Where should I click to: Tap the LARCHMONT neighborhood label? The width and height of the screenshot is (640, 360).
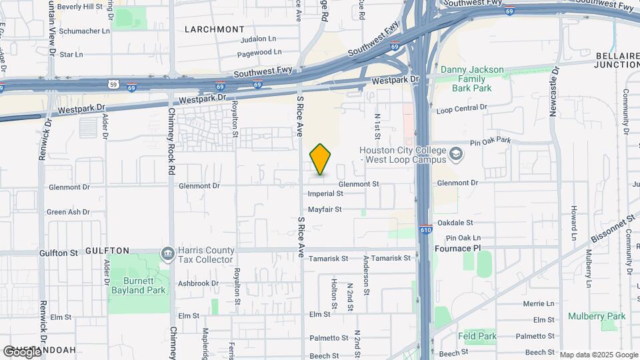click(x=215, y=29)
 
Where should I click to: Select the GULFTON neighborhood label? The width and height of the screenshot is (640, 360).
click(x=107, y=251)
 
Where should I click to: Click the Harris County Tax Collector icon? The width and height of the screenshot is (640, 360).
click(x=168, y=254)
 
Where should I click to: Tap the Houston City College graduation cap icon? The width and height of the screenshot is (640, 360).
click(x=456, y=155)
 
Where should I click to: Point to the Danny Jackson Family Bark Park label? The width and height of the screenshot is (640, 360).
click(x=471, y=79)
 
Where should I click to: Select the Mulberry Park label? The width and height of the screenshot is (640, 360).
click(x=597, y=316)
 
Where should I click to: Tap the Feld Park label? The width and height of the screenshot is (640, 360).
click(x=478, y=337)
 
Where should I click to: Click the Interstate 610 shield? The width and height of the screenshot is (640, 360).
click(x=425, y=229)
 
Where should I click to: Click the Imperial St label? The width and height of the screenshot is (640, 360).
click(x=325, y=194)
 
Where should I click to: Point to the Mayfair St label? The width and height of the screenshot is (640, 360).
click(x=325, y=209)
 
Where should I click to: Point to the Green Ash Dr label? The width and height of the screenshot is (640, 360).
click(x=68, y=212)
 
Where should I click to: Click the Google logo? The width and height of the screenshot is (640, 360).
click(x=21, y=351)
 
